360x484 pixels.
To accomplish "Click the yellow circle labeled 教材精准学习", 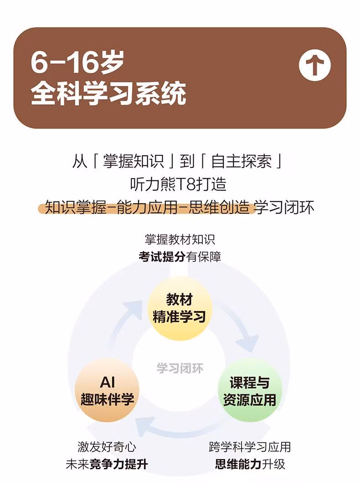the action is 180,308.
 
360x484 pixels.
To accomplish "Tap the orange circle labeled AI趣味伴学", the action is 107,389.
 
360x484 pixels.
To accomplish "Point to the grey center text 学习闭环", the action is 180,368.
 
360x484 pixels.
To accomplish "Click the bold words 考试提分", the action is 162,257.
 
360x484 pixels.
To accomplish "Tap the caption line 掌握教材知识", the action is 180,239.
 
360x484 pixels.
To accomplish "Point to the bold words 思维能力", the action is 238,464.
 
